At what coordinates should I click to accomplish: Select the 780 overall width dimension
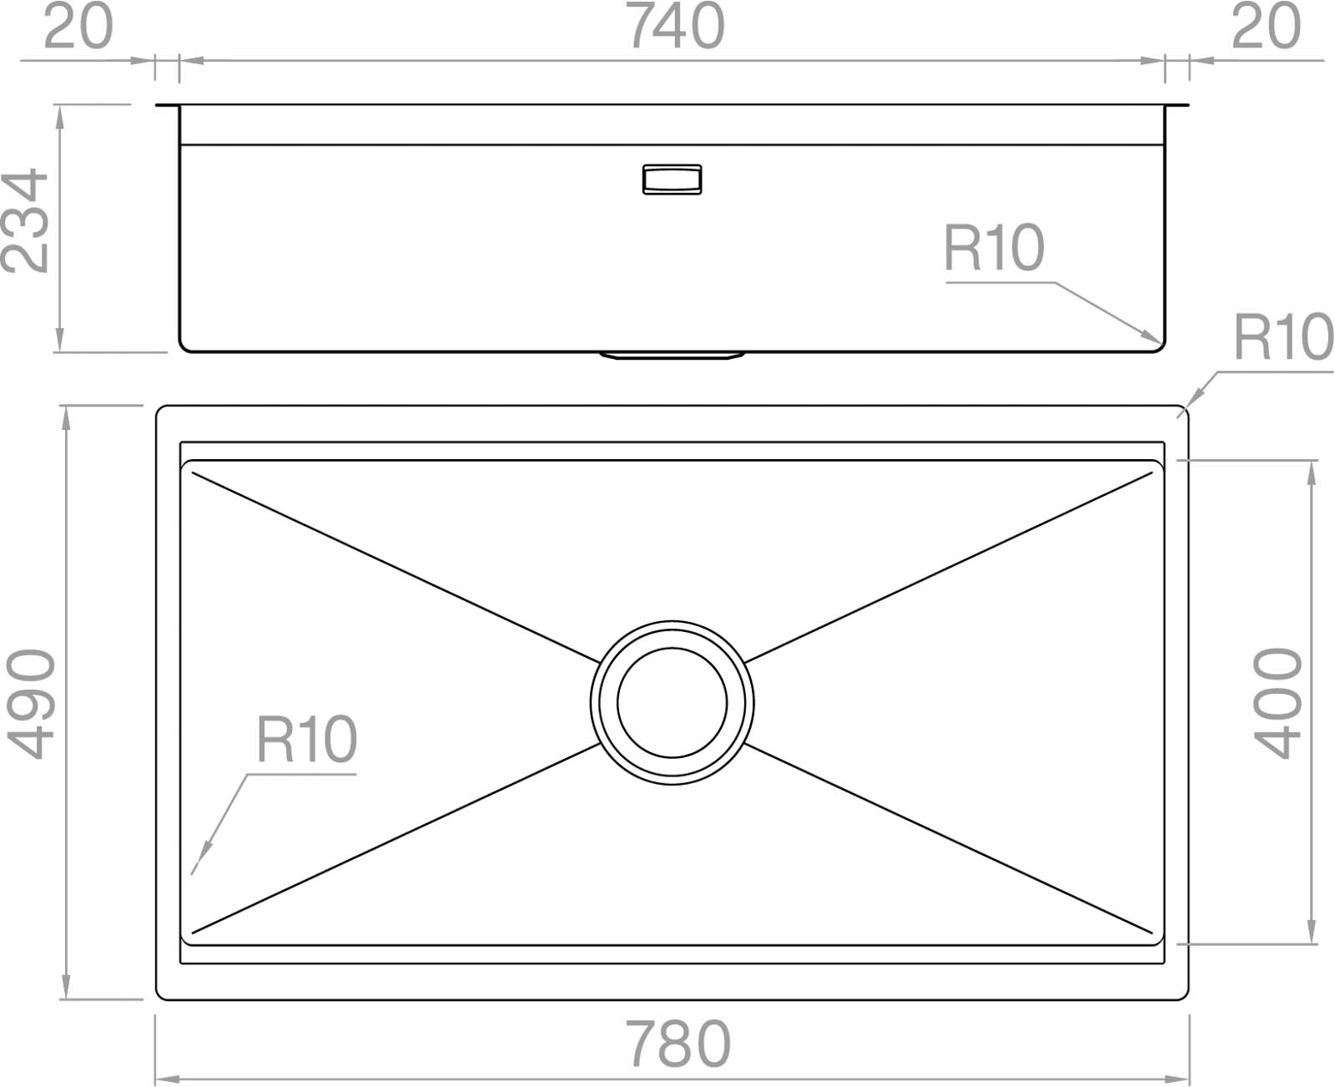click(x=678, y=1043)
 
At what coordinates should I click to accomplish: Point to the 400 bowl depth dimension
click(x=1277, y=703)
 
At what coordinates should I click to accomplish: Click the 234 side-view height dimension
click(x=25, y=220)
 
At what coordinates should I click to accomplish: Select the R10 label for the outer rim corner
click(x=1283, y=336)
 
